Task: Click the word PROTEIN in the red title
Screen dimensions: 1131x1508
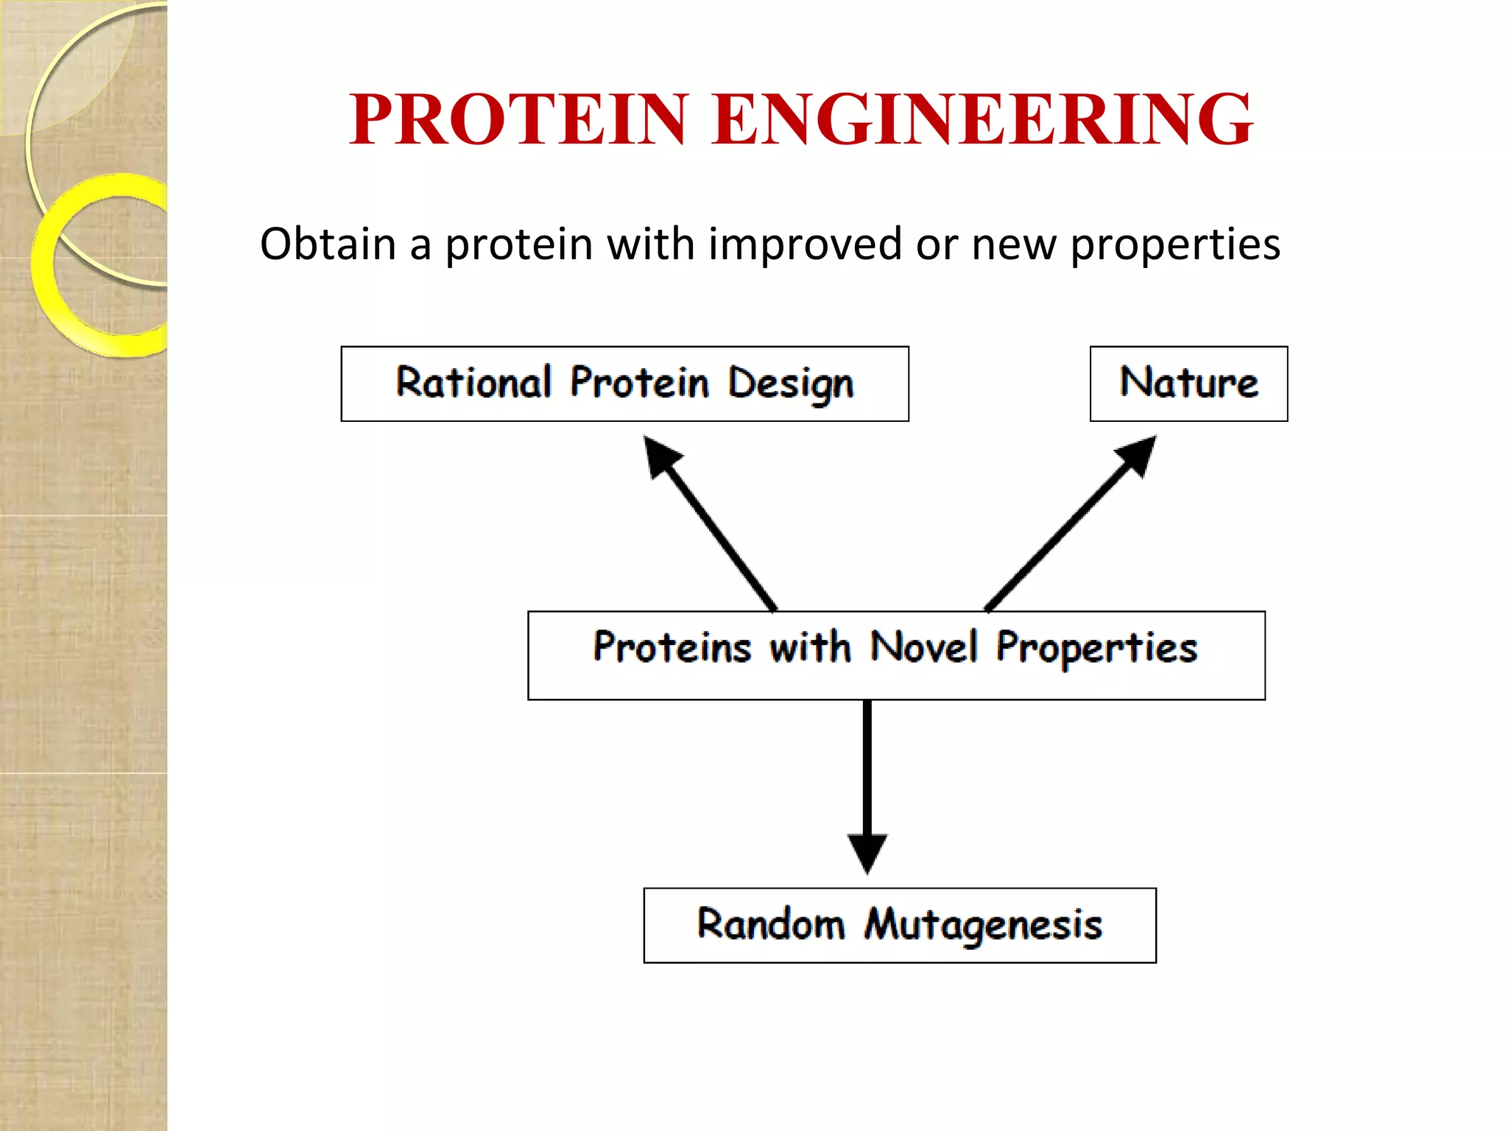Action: [518, 119]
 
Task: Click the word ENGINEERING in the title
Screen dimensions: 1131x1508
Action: [982, 119]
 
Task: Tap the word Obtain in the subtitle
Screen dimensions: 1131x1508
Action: [328, 244]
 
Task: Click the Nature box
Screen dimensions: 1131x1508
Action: [1188, 383]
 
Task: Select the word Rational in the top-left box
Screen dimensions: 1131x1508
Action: [473, 383]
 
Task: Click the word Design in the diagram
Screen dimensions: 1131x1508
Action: [791, 384]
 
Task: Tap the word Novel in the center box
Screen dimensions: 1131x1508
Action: [925, 647]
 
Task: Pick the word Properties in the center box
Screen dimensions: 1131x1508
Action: [1096, 649]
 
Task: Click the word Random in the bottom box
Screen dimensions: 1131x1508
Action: [770, 924]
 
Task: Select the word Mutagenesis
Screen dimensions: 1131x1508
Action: [983, 926]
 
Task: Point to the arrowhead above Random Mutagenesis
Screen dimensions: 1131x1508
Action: [867, 852]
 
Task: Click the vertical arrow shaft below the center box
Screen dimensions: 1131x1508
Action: [867, 766]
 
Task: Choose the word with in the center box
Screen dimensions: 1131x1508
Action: [810, 647]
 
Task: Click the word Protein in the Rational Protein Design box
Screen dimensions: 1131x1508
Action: [639, 383]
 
